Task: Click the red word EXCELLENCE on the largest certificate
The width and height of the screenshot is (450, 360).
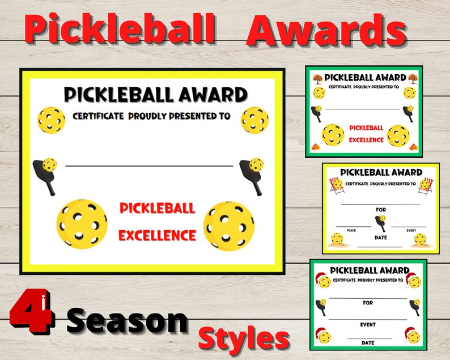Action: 158,235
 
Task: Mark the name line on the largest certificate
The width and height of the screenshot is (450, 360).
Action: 149,166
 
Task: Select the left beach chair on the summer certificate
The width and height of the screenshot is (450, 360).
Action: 337,185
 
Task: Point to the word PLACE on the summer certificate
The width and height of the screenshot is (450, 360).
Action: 351,231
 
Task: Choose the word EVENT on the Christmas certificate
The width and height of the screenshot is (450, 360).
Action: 368,325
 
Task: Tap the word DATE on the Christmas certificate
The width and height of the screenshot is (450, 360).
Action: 368,342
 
